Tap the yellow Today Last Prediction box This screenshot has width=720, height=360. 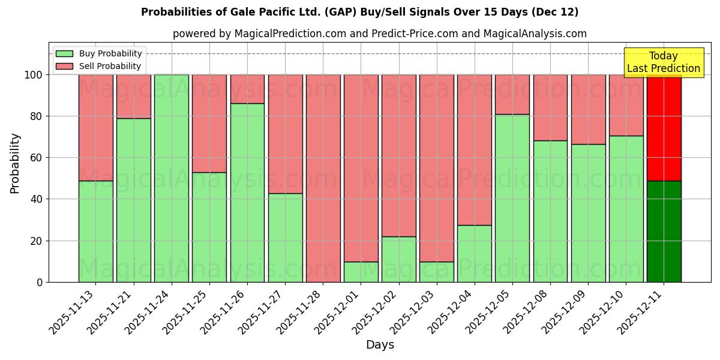[663, 62]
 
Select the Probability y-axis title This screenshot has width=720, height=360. [15, 163]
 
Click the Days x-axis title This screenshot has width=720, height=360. [380, 345]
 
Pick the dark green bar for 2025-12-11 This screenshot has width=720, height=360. [664, 231]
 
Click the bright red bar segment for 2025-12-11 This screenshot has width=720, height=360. [664, 127]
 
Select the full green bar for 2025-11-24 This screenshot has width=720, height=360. [172, 178]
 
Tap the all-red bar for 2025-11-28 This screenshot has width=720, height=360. [323, 178]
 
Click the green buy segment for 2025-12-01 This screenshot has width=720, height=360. [361, 272]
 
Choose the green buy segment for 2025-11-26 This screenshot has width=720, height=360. [247, 192]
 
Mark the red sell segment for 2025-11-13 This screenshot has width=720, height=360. [96, 127]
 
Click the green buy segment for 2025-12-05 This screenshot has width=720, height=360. [512, 198]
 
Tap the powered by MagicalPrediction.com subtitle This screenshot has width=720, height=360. [380, 34]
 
